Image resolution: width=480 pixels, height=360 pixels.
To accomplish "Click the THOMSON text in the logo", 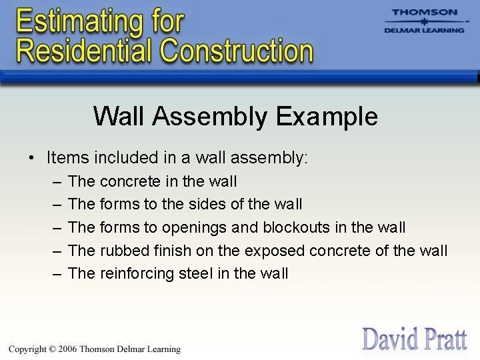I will [x=424, y=12].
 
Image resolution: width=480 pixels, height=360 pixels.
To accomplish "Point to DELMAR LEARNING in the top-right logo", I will [x=424, y=30].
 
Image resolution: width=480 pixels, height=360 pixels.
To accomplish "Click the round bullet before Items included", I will [x=31, y=159].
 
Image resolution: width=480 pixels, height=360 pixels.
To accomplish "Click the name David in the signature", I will [x=389, y=338].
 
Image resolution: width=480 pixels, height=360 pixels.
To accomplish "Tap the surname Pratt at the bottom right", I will [x=443, y=338].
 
